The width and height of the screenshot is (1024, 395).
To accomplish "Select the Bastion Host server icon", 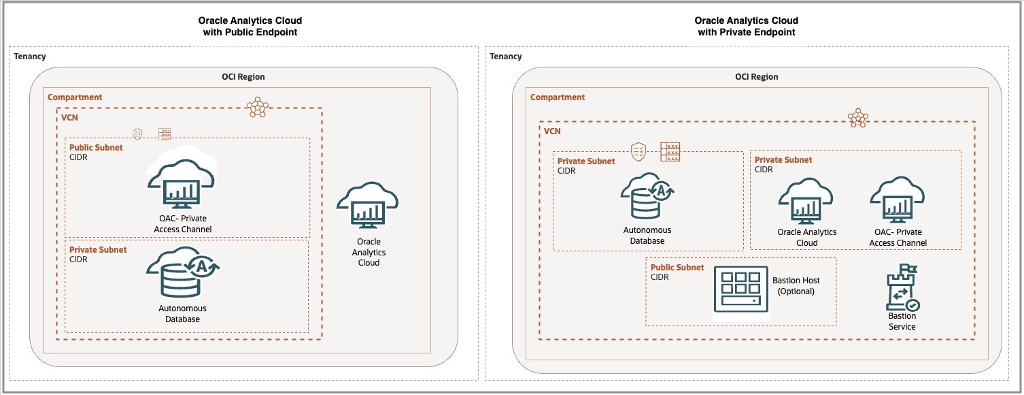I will pyautogui.click(x=740, y=291).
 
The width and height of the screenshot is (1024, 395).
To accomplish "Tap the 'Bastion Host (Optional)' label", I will pyautogui.click(x=796, y=285).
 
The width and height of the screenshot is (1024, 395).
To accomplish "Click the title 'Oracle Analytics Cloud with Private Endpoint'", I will pyautogui.click(x=746, y=27).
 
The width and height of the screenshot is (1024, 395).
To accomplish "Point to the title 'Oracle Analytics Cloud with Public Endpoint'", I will pyautogui.click(x=250, y=27).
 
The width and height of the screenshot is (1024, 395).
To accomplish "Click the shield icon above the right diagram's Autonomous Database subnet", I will pyautogui.click(x=638, y=151).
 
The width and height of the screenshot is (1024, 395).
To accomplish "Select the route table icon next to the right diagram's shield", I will pyautogui.click(x=670, y=152).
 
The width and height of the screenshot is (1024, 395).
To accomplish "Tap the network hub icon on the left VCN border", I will pyautogui.click(x=257, y=107).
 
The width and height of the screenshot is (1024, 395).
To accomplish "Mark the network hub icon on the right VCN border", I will pyautogui.click(x=858, y=118).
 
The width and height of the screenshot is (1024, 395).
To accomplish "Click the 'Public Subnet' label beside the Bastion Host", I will pyautogui.click(x=677, y=268).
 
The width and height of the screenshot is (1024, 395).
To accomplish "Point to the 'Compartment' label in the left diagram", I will pyautogui.click(x=75, y=97).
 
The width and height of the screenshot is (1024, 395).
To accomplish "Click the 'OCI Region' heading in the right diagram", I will pyautogui.click(x=756, y=77).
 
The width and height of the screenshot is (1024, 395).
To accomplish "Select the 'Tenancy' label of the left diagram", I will pyautogui.click(x=30, y=57).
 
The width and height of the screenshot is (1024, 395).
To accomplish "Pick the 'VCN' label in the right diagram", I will pyautogui.click(x=552, y=131).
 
